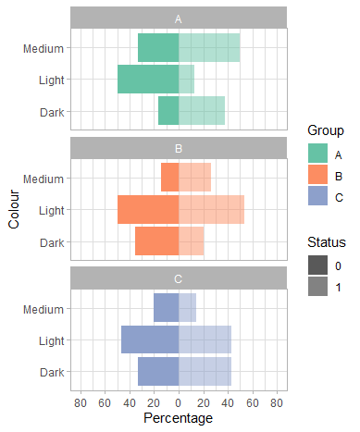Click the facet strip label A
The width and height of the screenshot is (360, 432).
(179, 18)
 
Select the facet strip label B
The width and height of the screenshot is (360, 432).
(179, 147)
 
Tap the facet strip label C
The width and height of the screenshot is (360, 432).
(179, 278)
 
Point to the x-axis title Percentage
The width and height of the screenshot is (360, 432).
(179, 418)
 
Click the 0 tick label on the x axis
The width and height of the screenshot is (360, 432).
(179, 402)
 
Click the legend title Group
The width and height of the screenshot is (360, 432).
(327, 131)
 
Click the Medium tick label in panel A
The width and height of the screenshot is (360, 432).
(44, 48)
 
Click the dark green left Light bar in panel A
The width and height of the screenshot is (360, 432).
(148, 80)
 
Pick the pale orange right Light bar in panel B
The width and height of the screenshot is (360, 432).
(211, 210)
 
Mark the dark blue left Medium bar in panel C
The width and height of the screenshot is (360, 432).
(166, 308)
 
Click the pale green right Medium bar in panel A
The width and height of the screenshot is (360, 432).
(209, 48)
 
